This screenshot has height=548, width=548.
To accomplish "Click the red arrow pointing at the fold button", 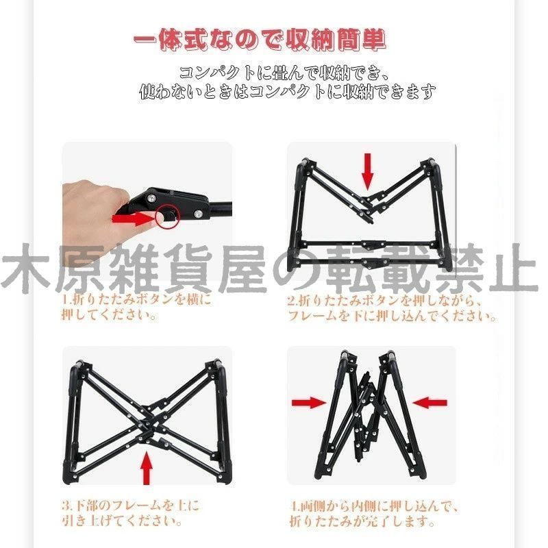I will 134,219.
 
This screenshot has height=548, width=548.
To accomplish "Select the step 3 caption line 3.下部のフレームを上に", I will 130,506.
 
